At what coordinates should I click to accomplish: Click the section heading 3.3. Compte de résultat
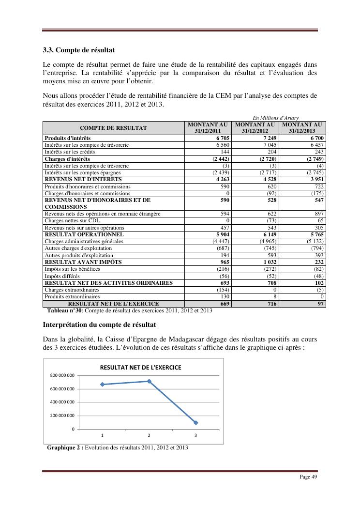coord(78,50)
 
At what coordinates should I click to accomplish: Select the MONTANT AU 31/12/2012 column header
coord(255,128)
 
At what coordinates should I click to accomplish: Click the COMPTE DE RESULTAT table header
coord(113,128)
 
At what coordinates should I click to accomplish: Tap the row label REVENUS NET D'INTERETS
coord(83,179)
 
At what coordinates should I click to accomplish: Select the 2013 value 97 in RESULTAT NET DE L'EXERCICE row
coord(319,304)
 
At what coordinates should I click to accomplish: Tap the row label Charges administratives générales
coord(84,241)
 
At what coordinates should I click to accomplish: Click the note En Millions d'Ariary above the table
coord(275,118)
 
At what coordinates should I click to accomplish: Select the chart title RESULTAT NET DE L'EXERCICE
coord(140,368)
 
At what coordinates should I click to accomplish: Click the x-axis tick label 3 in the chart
coord(195,435)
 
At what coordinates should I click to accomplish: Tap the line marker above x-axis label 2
coord(149,381)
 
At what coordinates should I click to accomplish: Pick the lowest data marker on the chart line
coord(196,423)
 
